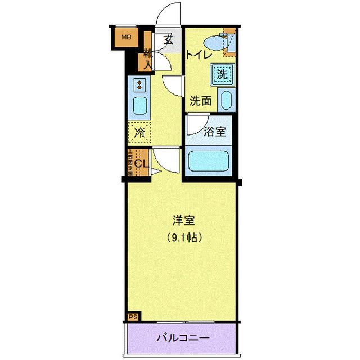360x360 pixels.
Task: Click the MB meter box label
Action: tap(127, 38)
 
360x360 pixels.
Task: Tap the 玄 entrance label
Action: tap(168, 39)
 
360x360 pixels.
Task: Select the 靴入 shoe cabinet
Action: tap(147, 57)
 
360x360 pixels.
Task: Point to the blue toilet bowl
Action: tap(214, 42)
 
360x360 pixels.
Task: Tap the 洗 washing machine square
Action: tap(222, 73)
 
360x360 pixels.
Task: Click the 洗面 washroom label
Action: tap(200, 101)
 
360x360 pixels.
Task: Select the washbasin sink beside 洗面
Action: tap(226, 100)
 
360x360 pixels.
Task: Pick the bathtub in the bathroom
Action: tap(210, 162)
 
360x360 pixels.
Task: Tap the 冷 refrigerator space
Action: tap(139, 133)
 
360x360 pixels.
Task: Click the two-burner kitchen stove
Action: tap(139, 85)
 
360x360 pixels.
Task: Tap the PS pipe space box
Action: tap(133, 317)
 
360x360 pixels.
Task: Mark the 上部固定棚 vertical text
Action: tap(130, 162)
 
